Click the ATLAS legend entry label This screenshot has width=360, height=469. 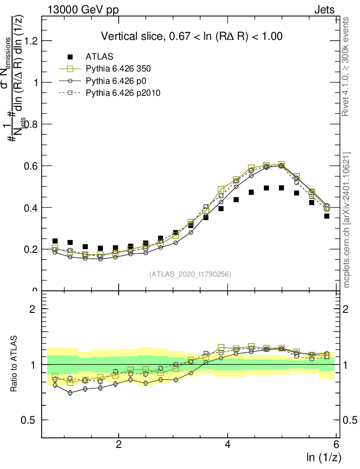(99, 57)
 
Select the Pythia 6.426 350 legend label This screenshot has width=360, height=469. (118, 69)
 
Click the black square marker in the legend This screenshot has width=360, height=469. (70, 57)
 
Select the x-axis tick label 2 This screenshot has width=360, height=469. (119, 444)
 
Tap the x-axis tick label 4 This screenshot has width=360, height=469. (228, 444)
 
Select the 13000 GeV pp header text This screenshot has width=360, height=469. (83, 10)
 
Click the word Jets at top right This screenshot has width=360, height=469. (324, 10)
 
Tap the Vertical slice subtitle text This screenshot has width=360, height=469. (191, 36)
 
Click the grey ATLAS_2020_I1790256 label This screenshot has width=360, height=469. (190, 274)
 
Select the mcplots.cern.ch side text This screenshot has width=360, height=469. (347, 220)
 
